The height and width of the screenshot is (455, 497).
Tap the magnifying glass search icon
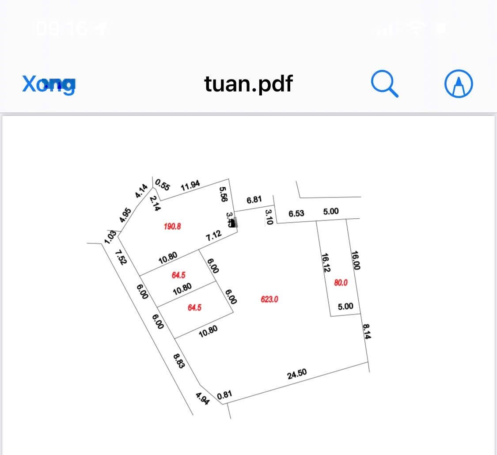(x=385, y=83)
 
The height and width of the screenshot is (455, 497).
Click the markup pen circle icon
(x=459, y=83)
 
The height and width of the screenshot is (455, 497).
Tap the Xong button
(x=49, y=83)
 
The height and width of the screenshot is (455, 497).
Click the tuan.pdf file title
(x=248, y=83)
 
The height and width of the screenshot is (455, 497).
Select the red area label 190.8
(x=172, y=226)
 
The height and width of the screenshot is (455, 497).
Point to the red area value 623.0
(x=269, y=299)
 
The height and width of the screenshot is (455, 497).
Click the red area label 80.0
(x=341, y=283)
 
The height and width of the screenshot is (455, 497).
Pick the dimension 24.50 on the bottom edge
(x=297, y=374)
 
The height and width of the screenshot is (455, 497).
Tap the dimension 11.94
(x=190, y=186)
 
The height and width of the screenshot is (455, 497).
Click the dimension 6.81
(x=254, y=200)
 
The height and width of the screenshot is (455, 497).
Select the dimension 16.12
(x=326, y=263)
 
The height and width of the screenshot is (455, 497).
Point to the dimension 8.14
(x=367, y=332)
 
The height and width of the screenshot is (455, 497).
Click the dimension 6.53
(x=296, y=214)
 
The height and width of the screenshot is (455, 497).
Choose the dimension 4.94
(x=202, y=398)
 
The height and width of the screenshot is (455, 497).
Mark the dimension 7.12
(x=214, y=235)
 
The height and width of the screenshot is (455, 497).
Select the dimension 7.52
(x=121, y=257)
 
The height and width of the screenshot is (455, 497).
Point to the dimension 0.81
(x=224, y=395)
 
